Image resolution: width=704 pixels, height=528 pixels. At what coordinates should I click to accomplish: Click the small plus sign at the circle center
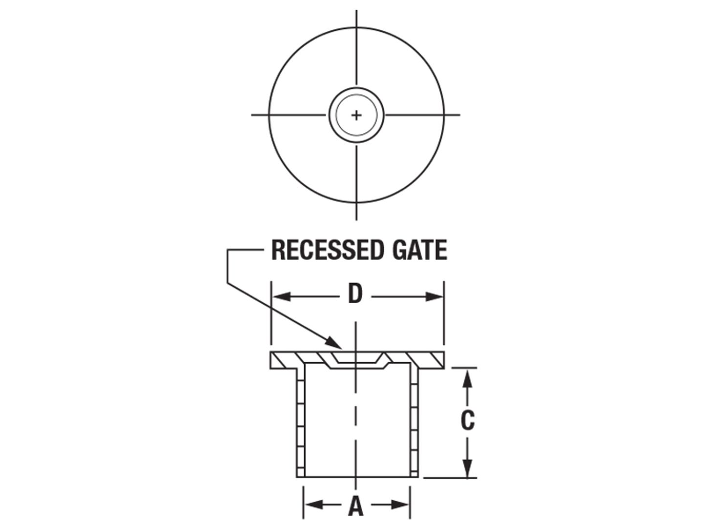point(356,115)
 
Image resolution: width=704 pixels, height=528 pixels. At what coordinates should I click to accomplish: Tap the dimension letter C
point(467,420)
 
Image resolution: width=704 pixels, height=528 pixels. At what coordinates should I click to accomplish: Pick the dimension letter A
point(355,506)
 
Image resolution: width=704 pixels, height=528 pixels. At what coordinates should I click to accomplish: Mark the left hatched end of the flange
point(283,360)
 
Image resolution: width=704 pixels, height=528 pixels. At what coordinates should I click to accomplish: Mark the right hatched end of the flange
point(430,360)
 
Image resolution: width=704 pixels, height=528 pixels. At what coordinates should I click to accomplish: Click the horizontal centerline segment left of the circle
point(288,115)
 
